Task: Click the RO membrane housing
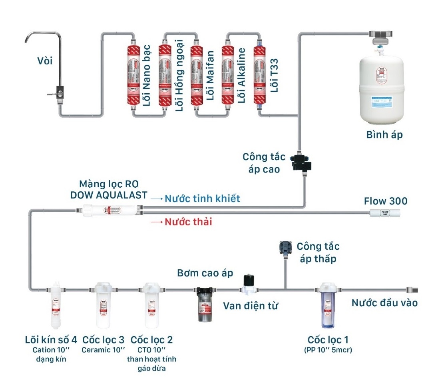(x=108, y=209)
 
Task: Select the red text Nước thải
(x=188, y=222)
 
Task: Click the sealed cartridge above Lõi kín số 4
(x=57, y=306)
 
